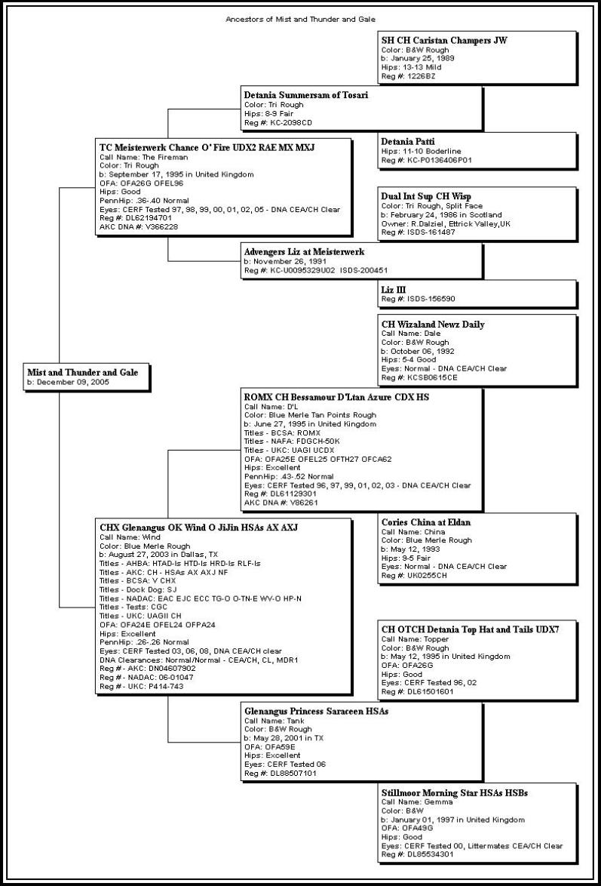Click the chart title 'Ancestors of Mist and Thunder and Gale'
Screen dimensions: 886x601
click(300, 19)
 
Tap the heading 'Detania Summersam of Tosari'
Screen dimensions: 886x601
click(306, 95)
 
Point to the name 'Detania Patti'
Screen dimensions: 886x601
click(408, 141)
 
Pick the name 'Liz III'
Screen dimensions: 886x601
click(394, 288)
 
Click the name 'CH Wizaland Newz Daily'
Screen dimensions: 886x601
click(433, 325)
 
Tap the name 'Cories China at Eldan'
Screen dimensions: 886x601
click(426, 522)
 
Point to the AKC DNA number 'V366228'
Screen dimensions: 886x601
click(164, 226)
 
